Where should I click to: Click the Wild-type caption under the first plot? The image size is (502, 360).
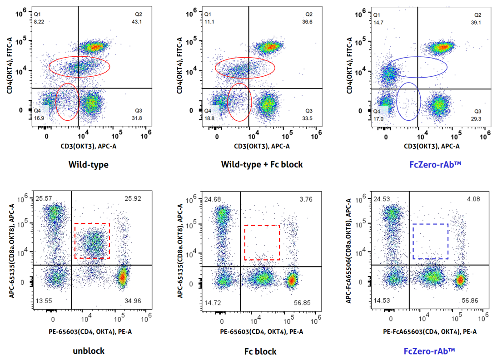point(89,164)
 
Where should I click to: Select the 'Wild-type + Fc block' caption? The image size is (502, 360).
point(262,164)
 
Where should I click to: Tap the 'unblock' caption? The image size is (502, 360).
point(89,351)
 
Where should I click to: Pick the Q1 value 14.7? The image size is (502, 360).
point(378,22)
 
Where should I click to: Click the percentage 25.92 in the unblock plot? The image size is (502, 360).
point(133,198)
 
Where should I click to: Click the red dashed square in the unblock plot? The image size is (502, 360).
point(92,223)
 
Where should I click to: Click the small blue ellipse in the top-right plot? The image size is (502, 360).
point(409,102)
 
